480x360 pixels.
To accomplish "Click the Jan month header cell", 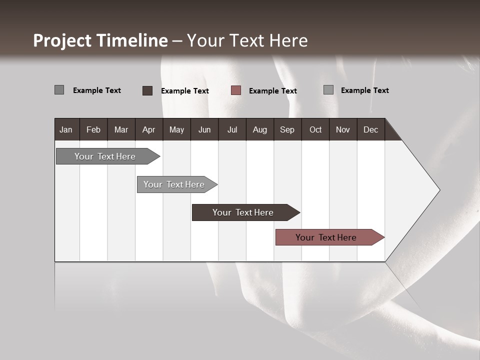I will pos(66,129).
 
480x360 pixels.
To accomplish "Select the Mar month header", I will pos(121,129).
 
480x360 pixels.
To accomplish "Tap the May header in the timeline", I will pos(176,129).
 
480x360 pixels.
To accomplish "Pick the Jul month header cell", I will pos(232,129).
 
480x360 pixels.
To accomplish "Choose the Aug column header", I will pos(259,129).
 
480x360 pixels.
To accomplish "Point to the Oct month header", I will pos(315,129).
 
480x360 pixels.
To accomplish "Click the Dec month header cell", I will pos(370,129).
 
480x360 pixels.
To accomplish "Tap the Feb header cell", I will pos(93,129).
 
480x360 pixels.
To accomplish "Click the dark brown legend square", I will pos(147,90).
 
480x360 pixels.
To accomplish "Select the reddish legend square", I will pos(236,90).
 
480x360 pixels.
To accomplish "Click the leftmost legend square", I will pos(59,90).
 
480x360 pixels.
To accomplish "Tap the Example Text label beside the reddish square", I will pos(272,91).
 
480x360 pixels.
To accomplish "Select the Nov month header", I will pos(343,129).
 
